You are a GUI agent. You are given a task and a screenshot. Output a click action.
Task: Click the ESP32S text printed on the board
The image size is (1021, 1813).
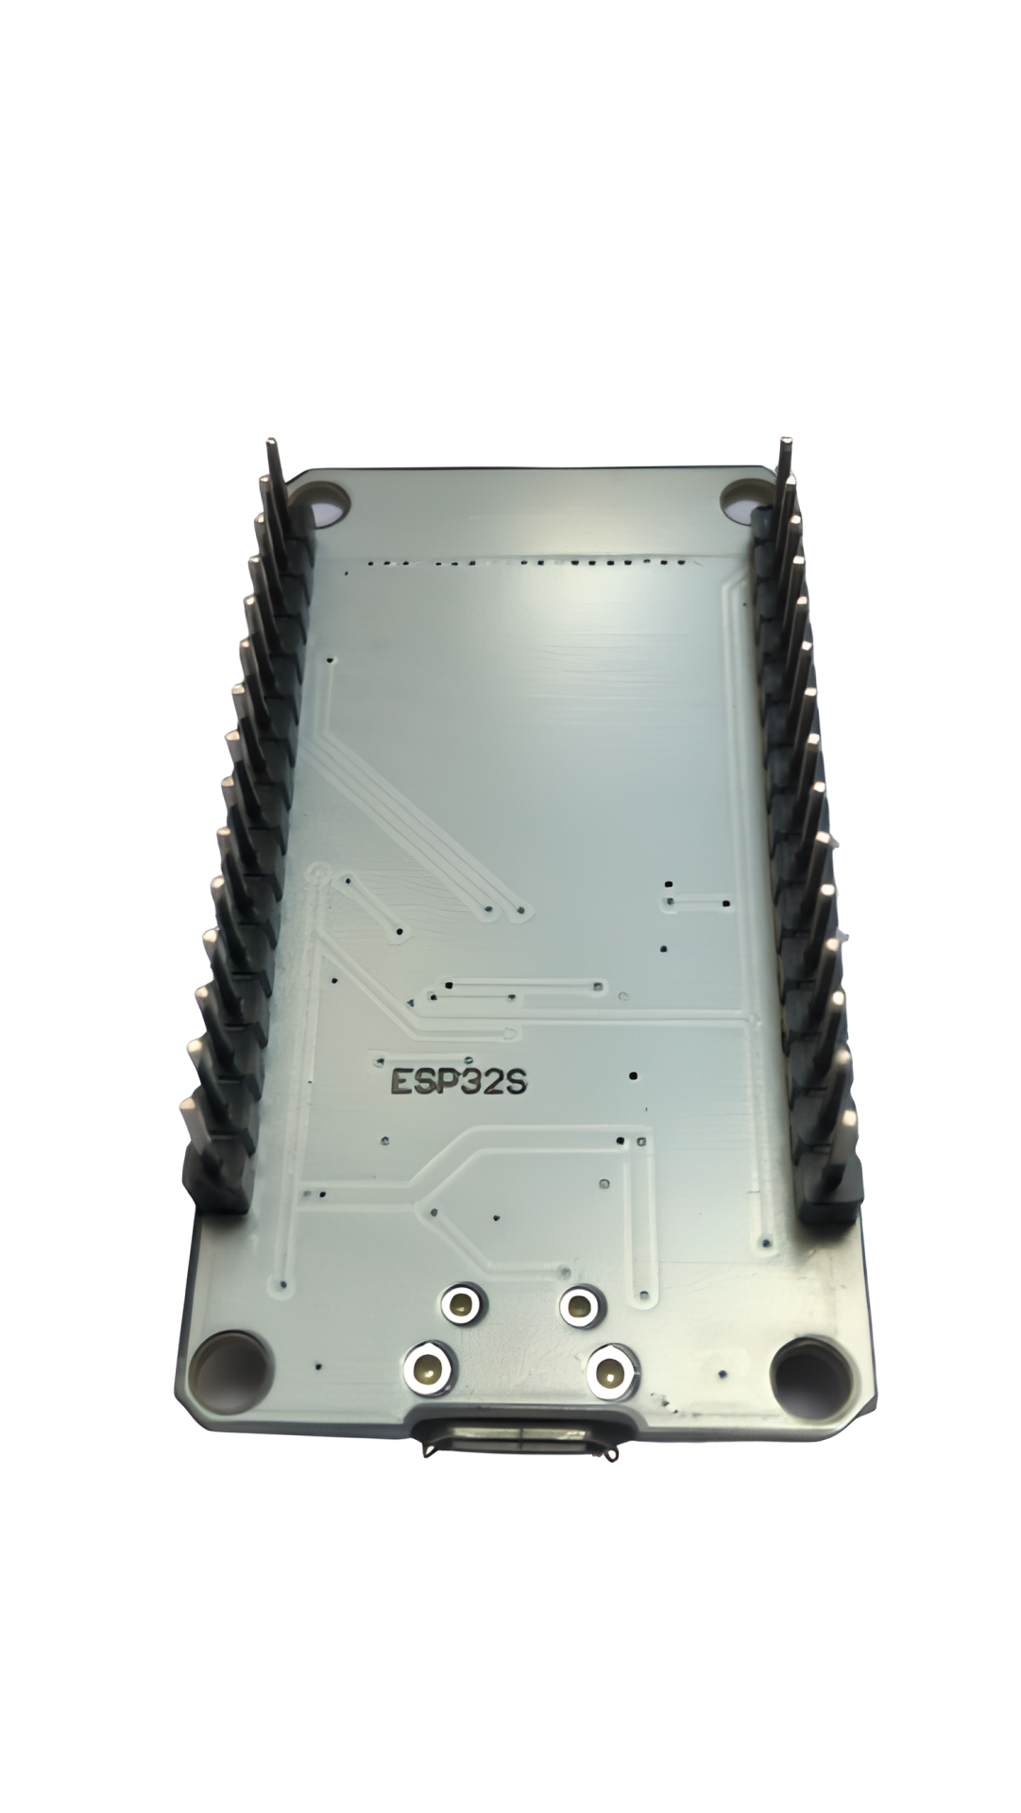[459, 1080]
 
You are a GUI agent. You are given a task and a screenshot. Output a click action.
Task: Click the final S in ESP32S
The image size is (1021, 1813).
[516, 1080]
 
